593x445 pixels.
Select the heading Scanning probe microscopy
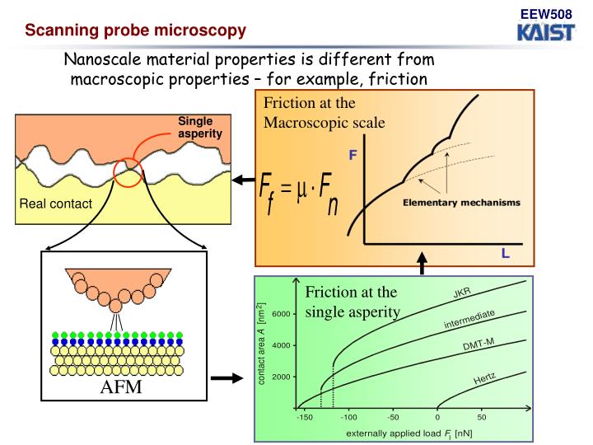135,32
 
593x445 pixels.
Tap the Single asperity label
200,128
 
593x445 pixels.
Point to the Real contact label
56,204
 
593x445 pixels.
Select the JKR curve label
462,295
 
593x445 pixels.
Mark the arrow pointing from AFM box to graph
226,379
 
